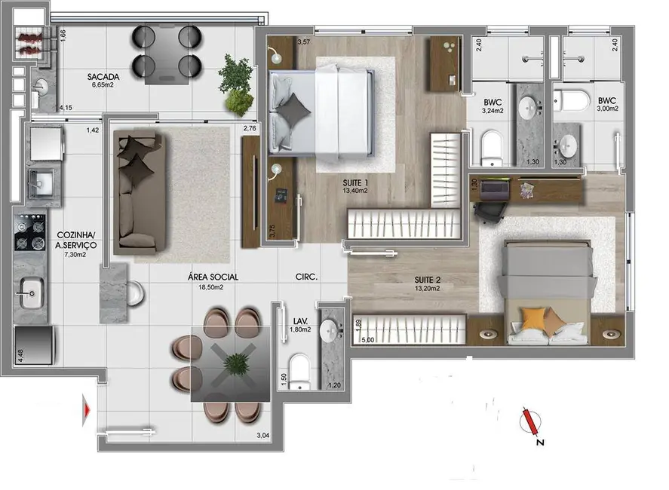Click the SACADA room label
pyautogui.click(x=100, y=76)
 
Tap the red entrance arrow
pyautogui.click(x=88, y=411)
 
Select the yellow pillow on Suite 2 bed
pyautogui.click(x=535, y=318)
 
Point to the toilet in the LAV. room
pyautogui.click(x=301, y=372)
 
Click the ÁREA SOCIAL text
pyautogui.click(x=208, y=277)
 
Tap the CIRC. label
pyautogui.click(x=306, y=277)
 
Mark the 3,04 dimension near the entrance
pyautogui.click(x=263, y=435)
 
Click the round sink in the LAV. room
pyautogui.click(x=330, y=329)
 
